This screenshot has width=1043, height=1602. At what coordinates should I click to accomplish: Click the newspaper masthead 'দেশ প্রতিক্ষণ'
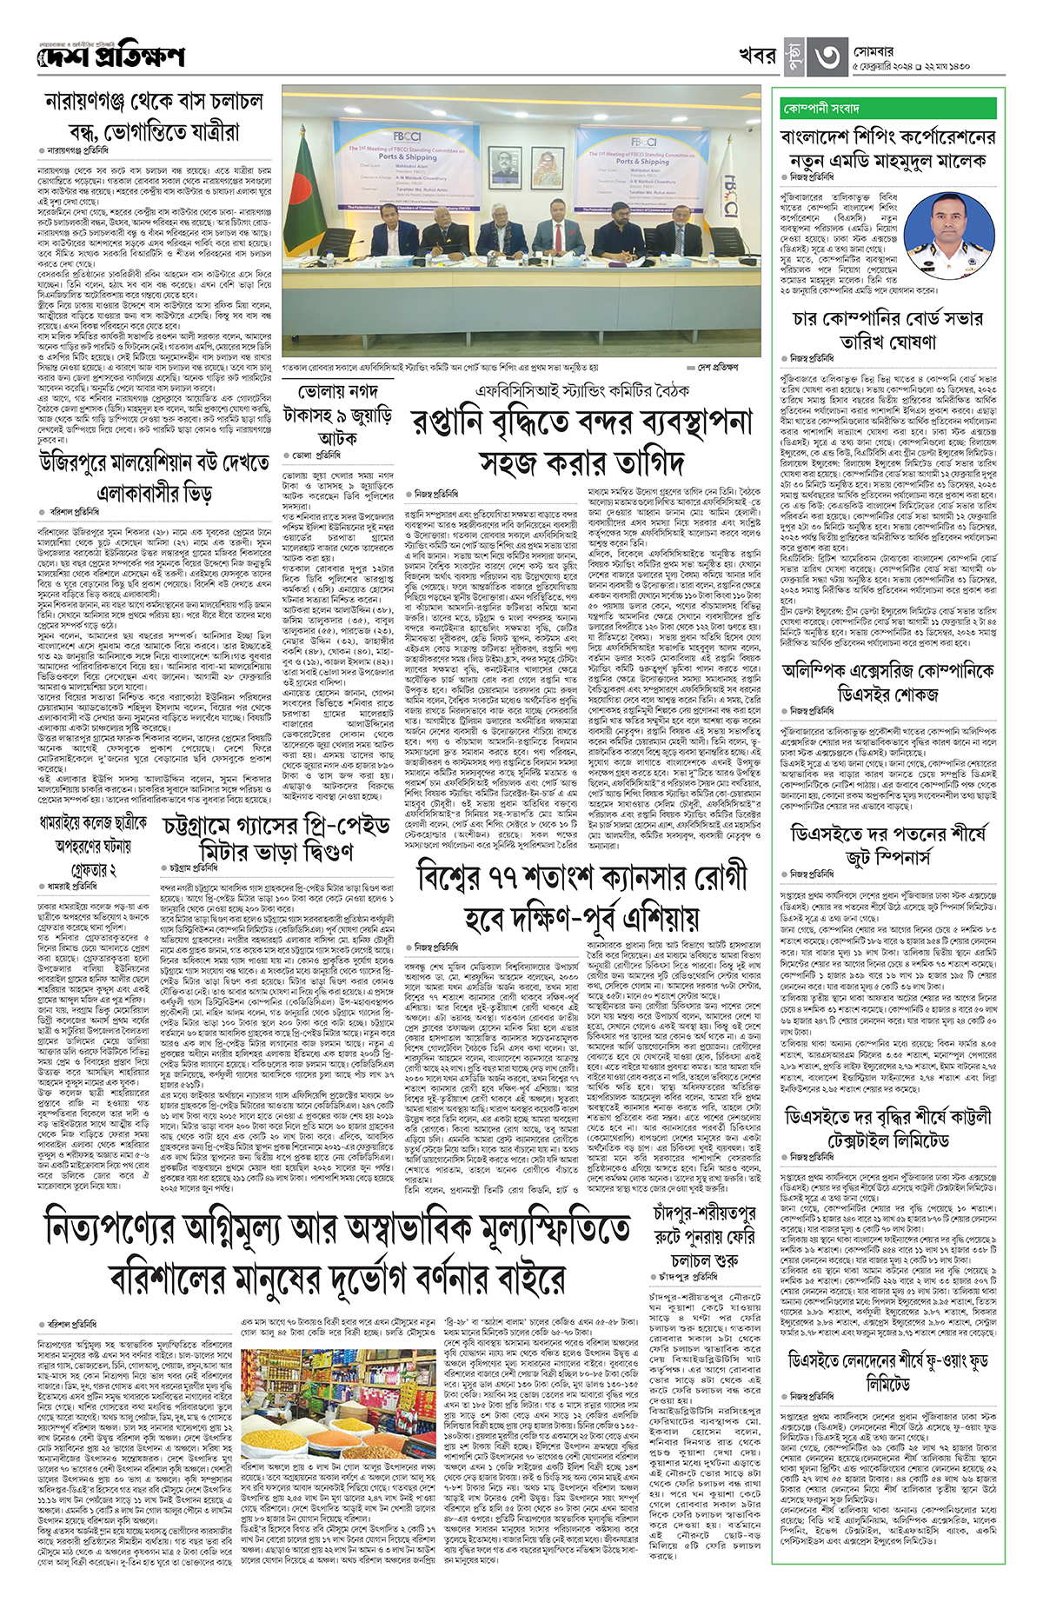pyautogui.click(x=111, y=57)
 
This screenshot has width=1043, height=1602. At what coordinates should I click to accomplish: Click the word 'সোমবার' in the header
pyautogui.click(x=874, y=51)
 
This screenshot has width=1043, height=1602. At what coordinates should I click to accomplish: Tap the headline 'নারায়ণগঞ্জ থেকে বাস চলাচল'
pyautogui.click(x=154, y=103)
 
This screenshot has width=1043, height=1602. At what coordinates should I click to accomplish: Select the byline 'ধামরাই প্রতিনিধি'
pyautogui.click(x=73, y=886)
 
